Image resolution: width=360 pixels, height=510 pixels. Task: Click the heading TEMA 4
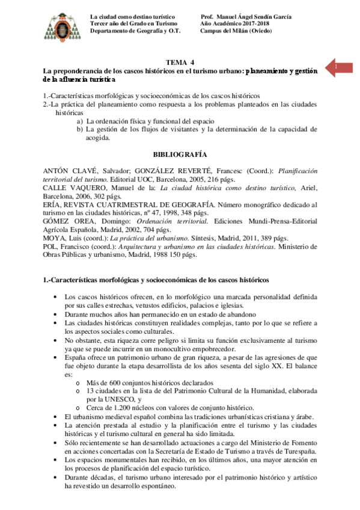coord(180,63)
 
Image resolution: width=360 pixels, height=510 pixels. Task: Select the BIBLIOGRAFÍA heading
coord(180,154)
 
